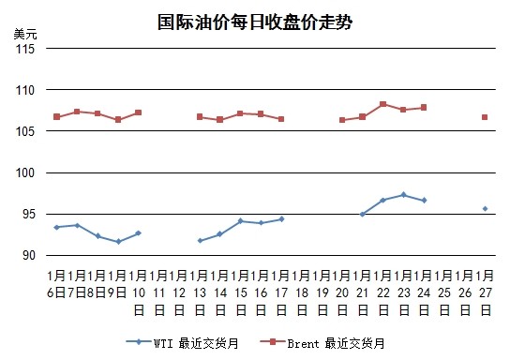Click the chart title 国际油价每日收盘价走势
tap(255, 22)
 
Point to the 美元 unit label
tap(25, 34)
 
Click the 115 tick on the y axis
tap(25, 49)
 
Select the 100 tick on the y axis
tap(25, 172)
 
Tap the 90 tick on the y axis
tap(29, 255)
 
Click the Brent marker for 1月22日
tap(383, 104)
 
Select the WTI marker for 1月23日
tap(404, 195)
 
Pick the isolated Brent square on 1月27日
tap(485, 117)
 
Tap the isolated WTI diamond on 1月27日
tap(485, 208)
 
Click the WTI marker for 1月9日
tap(118, 242)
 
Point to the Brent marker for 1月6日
tap(57, 117)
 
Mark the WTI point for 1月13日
tap(200, 241)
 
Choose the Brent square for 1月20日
tap(342, 120)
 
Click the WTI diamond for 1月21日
tap(363, 215)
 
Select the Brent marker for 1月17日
tap(281, 119)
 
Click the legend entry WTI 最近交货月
tap(182, 343)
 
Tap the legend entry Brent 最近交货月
tap(322, 343)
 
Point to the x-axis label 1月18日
tap(302, 292)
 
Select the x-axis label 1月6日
tap(56, 284)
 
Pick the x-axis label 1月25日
tap(444, 292)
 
